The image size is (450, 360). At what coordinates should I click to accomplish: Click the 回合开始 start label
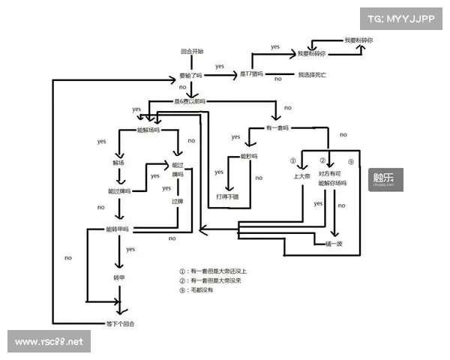coord(191,52)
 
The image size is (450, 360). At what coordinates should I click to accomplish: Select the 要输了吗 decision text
coord(190,76)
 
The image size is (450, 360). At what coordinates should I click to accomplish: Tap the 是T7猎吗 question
coord(253,75)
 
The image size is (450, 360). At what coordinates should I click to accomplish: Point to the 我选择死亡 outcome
coord(312,76)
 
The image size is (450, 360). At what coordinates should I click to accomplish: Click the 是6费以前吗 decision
coord(190,100)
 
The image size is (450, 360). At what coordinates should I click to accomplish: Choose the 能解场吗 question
coord(148,130)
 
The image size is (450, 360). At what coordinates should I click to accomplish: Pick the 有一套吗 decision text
coord(277,127)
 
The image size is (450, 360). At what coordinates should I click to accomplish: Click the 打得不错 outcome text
coord(228,196)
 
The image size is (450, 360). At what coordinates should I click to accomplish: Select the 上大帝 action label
coord(303,177)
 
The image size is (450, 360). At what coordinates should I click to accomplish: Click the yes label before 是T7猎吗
coord(220,66)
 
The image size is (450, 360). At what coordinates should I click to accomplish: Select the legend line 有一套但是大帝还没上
coord(213,271)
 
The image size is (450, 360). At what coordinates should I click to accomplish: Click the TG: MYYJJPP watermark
coord(400,17)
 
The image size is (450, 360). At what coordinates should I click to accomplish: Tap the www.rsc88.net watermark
coord(50,342)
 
